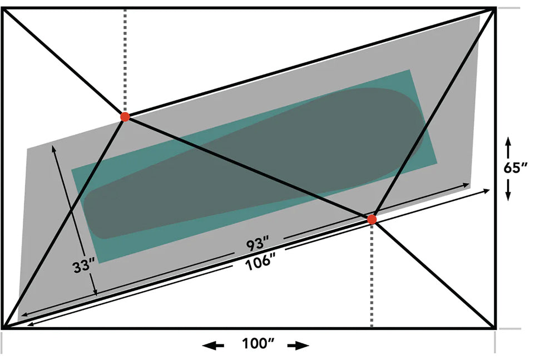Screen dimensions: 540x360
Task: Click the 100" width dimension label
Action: pyautogui.click(x=258, y=343)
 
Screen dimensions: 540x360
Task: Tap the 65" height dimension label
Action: pyautogui.click(x=516, y=168)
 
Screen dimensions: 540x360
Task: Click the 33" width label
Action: pyautogui.click(x=83, y=267)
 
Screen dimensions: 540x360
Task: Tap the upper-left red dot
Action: pyautogui.click(x=125, y=116)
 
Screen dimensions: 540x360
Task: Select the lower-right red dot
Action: pyautogui.click(x=371, y=219)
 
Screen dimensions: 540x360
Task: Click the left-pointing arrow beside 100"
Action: pyautogui.click(x=213, y=345)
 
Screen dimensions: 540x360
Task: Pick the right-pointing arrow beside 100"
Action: pyautogui.click(x=298, y=345)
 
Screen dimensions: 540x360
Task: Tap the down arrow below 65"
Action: pyautogui.click(x=508, y=190)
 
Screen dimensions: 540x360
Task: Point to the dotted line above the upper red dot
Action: pyautogui.click(x=125, y=60)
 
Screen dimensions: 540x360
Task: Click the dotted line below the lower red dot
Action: pyautogui.click(x=371, y=275)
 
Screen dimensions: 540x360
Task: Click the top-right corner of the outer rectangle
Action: pyautogui.click(x=495, y=8)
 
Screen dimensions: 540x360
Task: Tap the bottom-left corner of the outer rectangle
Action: pyautogui.click(x=3, y=327)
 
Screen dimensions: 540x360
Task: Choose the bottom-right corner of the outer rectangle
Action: pyautogui.click(x=495, y=327)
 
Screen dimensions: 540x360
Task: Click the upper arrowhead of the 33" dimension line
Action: pyautogui.click(x=53, y=147)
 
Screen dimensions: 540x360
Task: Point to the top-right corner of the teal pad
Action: pyautogui.click(x=409, y=70)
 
